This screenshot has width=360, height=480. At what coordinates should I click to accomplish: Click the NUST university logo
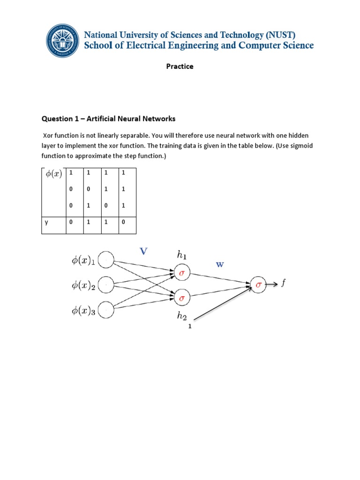pos(62,41)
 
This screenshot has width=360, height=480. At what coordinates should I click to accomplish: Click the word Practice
pos(180,67)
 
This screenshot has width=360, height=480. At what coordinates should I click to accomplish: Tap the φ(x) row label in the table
pos(53,174)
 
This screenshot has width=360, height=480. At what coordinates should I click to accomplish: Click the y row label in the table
pos(46,223)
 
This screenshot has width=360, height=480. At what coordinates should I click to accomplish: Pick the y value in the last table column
pos(123,223)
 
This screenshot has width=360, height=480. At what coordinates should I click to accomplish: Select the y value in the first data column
pos(71,223)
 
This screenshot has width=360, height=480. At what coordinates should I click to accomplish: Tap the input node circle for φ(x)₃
pos(106,310)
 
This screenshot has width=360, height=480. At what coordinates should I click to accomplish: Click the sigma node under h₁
pos(181,272)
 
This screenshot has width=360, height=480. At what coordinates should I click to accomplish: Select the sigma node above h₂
pos(181,297)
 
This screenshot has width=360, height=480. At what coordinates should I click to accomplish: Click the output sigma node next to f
pos(258,283)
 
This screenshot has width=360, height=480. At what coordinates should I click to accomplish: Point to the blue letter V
pos(143,251)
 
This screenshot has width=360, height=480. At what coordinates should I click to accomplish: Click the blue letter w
pos(220,264)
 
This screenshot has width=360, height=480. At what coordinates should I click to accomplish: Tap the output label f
pos(283,283)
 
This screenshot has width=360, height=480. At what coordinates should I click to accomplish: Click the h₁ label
pos(181,255)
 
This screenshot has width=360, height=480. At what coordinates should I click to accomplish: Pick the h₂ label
pos(181,316)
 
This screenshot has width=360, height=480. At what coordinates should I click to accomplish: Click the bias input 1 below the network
pos(190,327)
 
